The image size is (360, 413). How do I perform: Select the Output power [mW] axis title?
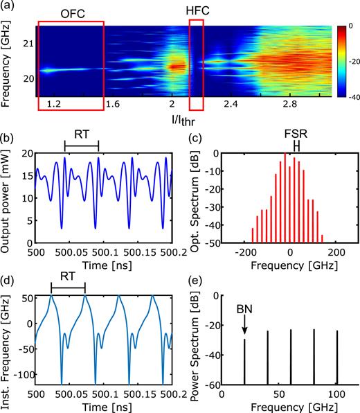tap(8, 193)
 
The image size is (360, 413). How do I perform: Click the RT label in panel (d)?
tap(68, 274)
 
